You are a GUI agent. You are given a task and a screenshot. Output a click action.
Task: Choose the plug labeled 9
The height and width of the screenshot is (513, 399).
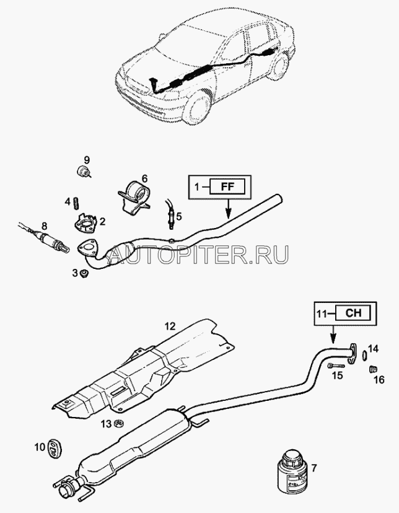[x=82, y=172]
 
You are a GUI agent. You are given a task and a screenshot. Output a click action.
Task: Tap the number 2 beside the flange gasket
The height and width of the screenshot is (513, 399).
[x=102, y=221]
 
